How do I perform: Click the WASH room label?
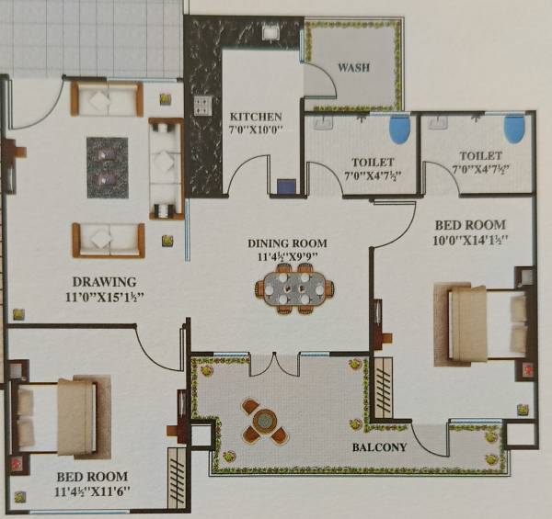(353, 68)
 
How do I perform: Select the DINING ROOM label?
(286, 243)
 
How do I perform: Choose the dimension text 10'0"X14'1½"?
(469, 241)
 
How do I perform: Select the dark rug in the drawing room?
(108, 167)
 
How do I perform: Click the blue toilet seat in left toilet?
(399, 130)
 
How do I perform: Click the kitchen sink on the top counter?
(271, 33)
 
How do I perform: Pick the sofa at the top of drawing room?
(107, 99)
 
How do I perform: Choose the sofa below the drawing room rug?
(108, 240)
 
